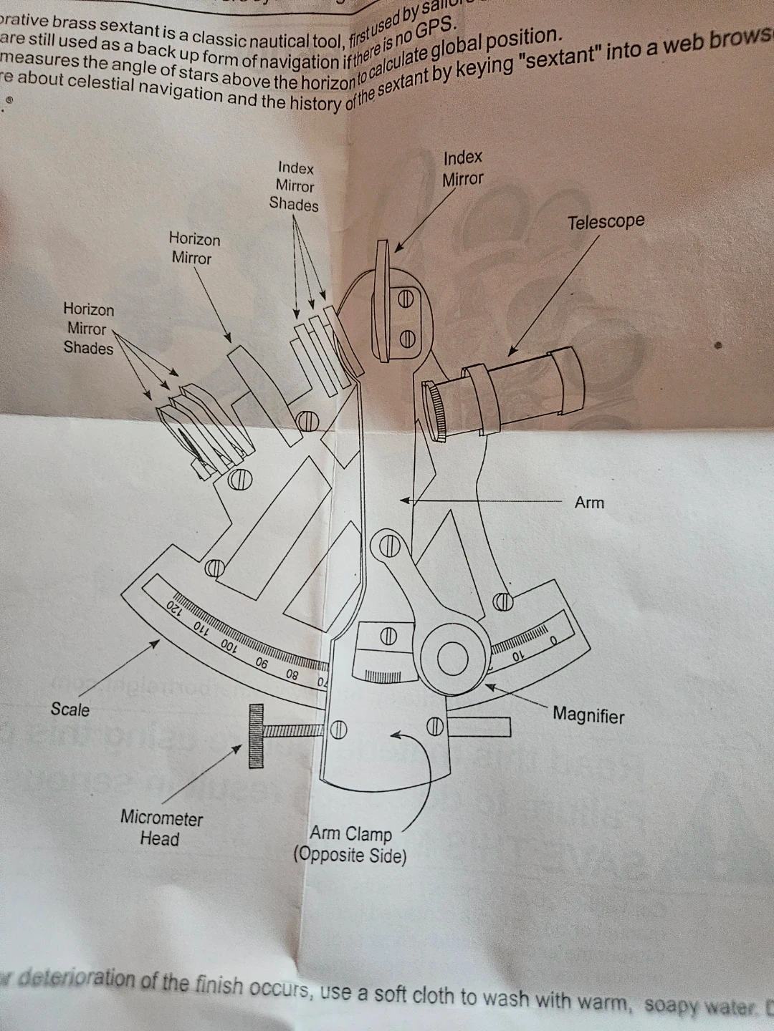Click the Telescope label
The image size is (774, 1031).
(606, 222)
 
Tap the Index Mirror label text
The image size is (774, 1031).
(462, 168)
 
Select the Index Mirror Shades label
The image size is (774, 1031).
(295, 186)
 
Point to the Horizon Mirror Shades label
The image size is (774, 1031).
(88, 329)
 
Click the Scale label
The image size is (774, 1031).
(70, 710)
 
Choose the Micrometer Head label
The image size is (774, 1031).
(161, 828)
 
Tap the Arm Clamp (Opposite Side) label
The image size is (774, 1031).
(350, 845)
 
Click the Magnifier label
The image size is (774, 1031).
(588, 715)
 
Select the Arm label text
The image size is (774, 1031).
(589, 503)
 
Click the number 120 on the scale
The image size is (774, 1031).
(174, 608)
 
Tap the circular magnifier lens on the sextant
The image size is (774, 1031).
(453, 658)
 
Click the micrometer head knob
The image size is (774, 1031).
(256, 736)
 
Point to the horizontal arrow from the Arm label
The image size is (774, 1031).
(480, 500)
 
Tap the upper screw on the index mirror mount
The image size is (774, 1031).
(406, 300)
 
